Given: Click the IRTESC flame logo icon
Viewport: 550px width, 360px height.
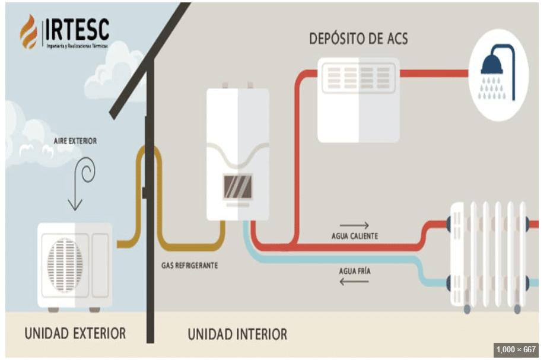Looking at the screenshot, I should tap(28, 31).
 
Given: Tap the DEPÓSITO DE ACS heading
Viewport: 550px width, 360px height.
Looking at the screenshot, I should tap(358, 39).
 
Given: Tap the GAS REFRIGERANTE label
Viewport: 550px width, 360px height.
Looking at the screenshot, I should tap(189, 265).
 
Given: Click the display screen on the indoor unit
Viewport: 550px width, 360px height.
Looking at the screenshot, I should tap(237, 186).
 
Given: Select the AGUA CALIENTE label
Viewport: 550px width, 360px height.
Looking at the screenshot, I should tap(354, 236).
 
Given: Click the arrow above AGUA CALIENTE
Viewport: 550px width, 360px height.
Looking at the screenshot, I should tap(354, 225).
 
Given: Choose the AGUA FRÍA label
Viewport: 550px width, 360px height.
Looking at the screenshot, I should tap(355, 271).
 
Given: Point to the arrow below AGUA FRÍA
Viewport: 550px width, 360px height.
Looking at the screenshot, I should tap(354, 282).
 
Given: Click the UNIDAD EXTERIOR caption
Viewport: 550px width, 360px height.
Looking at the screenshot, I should tap(75, 333).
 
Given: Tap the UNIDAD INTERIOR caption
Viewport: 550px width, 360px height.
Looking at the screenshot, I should tap(237, 334).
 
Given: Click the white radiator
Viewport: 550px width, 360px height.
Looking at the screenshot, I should tap(488, 255).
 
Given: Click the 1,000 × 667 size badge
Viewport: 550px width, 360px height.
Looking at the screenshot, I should tap(515, 350).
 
